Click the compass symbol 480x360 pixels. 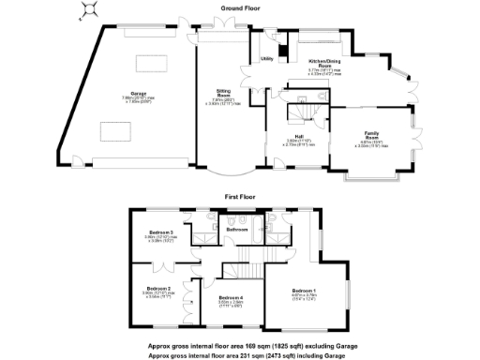[x=88, y=11]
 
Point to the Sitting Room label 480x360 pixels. [x=224, y=97]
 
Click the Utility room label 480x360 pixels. [x=266, y=59]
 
